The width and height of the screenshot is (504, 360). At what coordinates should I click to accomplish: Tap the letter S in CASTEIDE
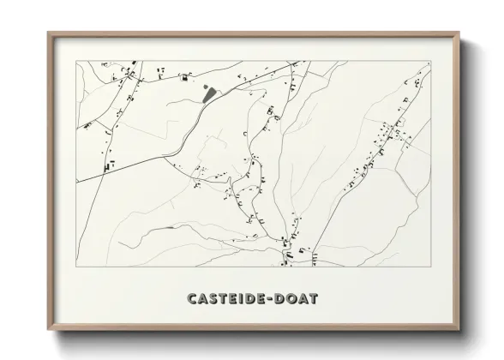(x=215, y=298)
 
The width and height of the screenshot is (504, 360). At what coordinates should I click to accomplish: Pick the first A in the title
(x=204, y=298)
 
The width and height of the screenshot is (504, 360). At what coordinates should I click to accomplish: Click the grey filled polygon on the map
(x=208, y=93)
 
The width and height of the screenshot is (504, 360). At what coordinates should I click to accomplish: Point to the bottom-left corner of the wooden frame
(x=48, y=331)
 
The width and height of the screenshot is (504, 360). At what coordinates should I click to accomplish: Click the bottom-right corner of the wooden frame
(x=459, y=331)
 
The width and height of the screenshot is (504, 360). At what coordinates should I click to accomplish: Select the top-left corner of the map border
(x=77, y=61)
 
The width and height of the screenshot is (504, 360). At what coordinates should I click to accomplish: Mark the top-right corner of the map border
(x=430, y=61)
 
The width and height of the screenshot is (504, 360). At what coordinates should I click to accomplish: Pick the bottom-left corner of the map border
(x=77, y=267)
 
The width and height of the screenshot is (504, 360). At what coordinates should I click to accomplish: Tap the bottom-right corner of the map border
(x=430, y=267)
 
